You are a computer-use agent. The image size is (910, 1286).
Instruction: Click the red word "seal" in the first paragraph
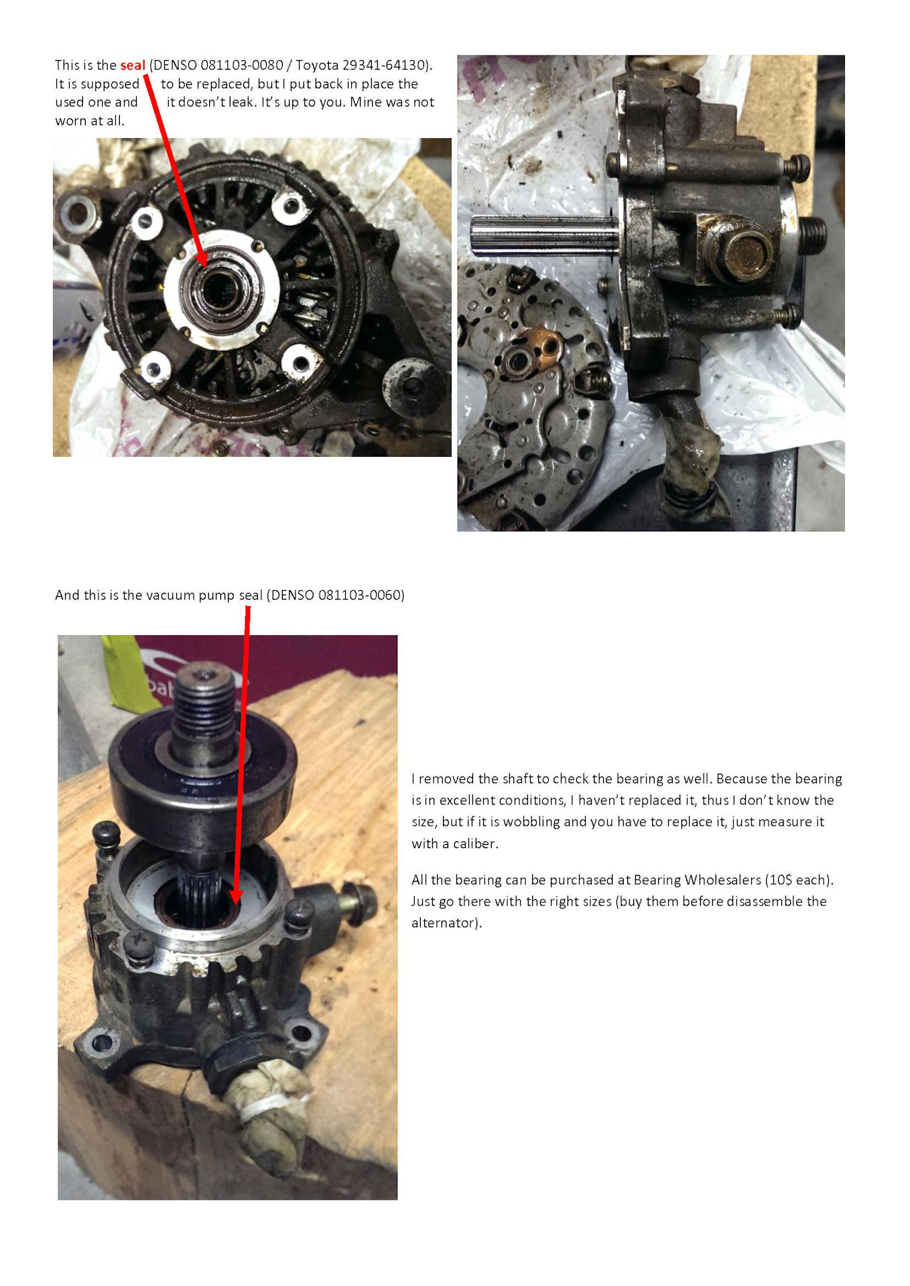click(x=133, y=65)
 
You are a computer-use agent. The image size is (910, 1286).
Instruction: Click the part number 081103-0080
click(x=242, y=65)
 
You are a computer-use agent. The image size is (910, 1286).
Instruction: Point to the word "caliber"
click(x=475, y=843)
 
